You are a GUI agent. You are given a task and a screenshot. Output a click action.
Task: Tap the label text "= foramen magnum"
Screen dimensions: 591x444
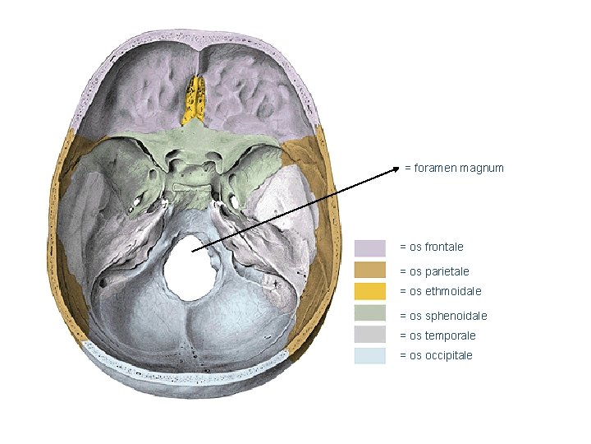(x=454, y=169)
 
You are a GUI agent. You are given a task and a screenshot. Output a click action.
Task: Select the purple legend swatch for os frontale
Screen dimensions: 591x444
(x=369, y=247)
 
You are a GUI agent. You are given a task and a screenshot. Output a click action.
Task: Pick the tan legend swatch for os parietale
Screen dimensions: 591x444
(x=369, y=271)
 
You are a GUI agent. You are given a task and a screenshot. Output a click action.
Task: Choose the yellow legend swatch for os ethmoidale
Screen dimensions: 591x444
(x=369, y=291)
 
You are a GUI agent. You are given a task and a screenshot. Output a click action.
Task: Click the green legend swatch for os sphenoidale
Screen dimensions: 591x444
(x=369, y=314)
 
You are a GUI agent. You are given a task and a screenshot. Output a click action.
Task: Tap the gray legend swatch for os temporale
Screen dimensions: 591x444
(x=369, y=335)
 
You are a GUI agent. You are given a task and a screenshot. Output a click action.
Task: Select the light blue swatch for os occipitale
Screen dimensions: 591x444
(x=369, y=356)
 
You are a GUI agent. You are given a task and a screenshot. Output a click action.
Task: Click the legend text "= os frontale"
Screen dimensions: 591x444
(x=431, y=247)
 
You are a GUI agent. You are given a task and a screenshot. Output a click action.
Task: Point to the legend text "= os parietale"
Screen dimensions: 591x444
(x=434, y=271)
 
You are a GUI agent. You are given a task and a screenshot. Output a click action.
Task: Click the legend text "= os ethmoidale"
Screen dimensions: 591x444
(x=440, y=291)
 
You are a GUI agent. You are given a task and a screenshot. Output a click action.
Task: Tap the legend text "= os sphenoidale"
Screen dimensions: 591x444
(x=442, y=316)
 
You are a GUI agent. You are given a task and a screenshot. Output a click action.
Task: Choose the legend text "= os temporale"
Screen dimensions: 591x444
(x=437, y=335)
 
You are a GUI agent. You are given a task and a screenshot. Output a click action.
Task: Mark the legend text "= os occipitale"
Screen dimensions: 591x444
(x=436, y=356)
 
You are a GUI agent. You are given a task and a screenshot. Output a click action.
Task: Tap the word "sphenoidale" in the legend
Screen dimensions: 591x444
(x=456, y=316)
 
